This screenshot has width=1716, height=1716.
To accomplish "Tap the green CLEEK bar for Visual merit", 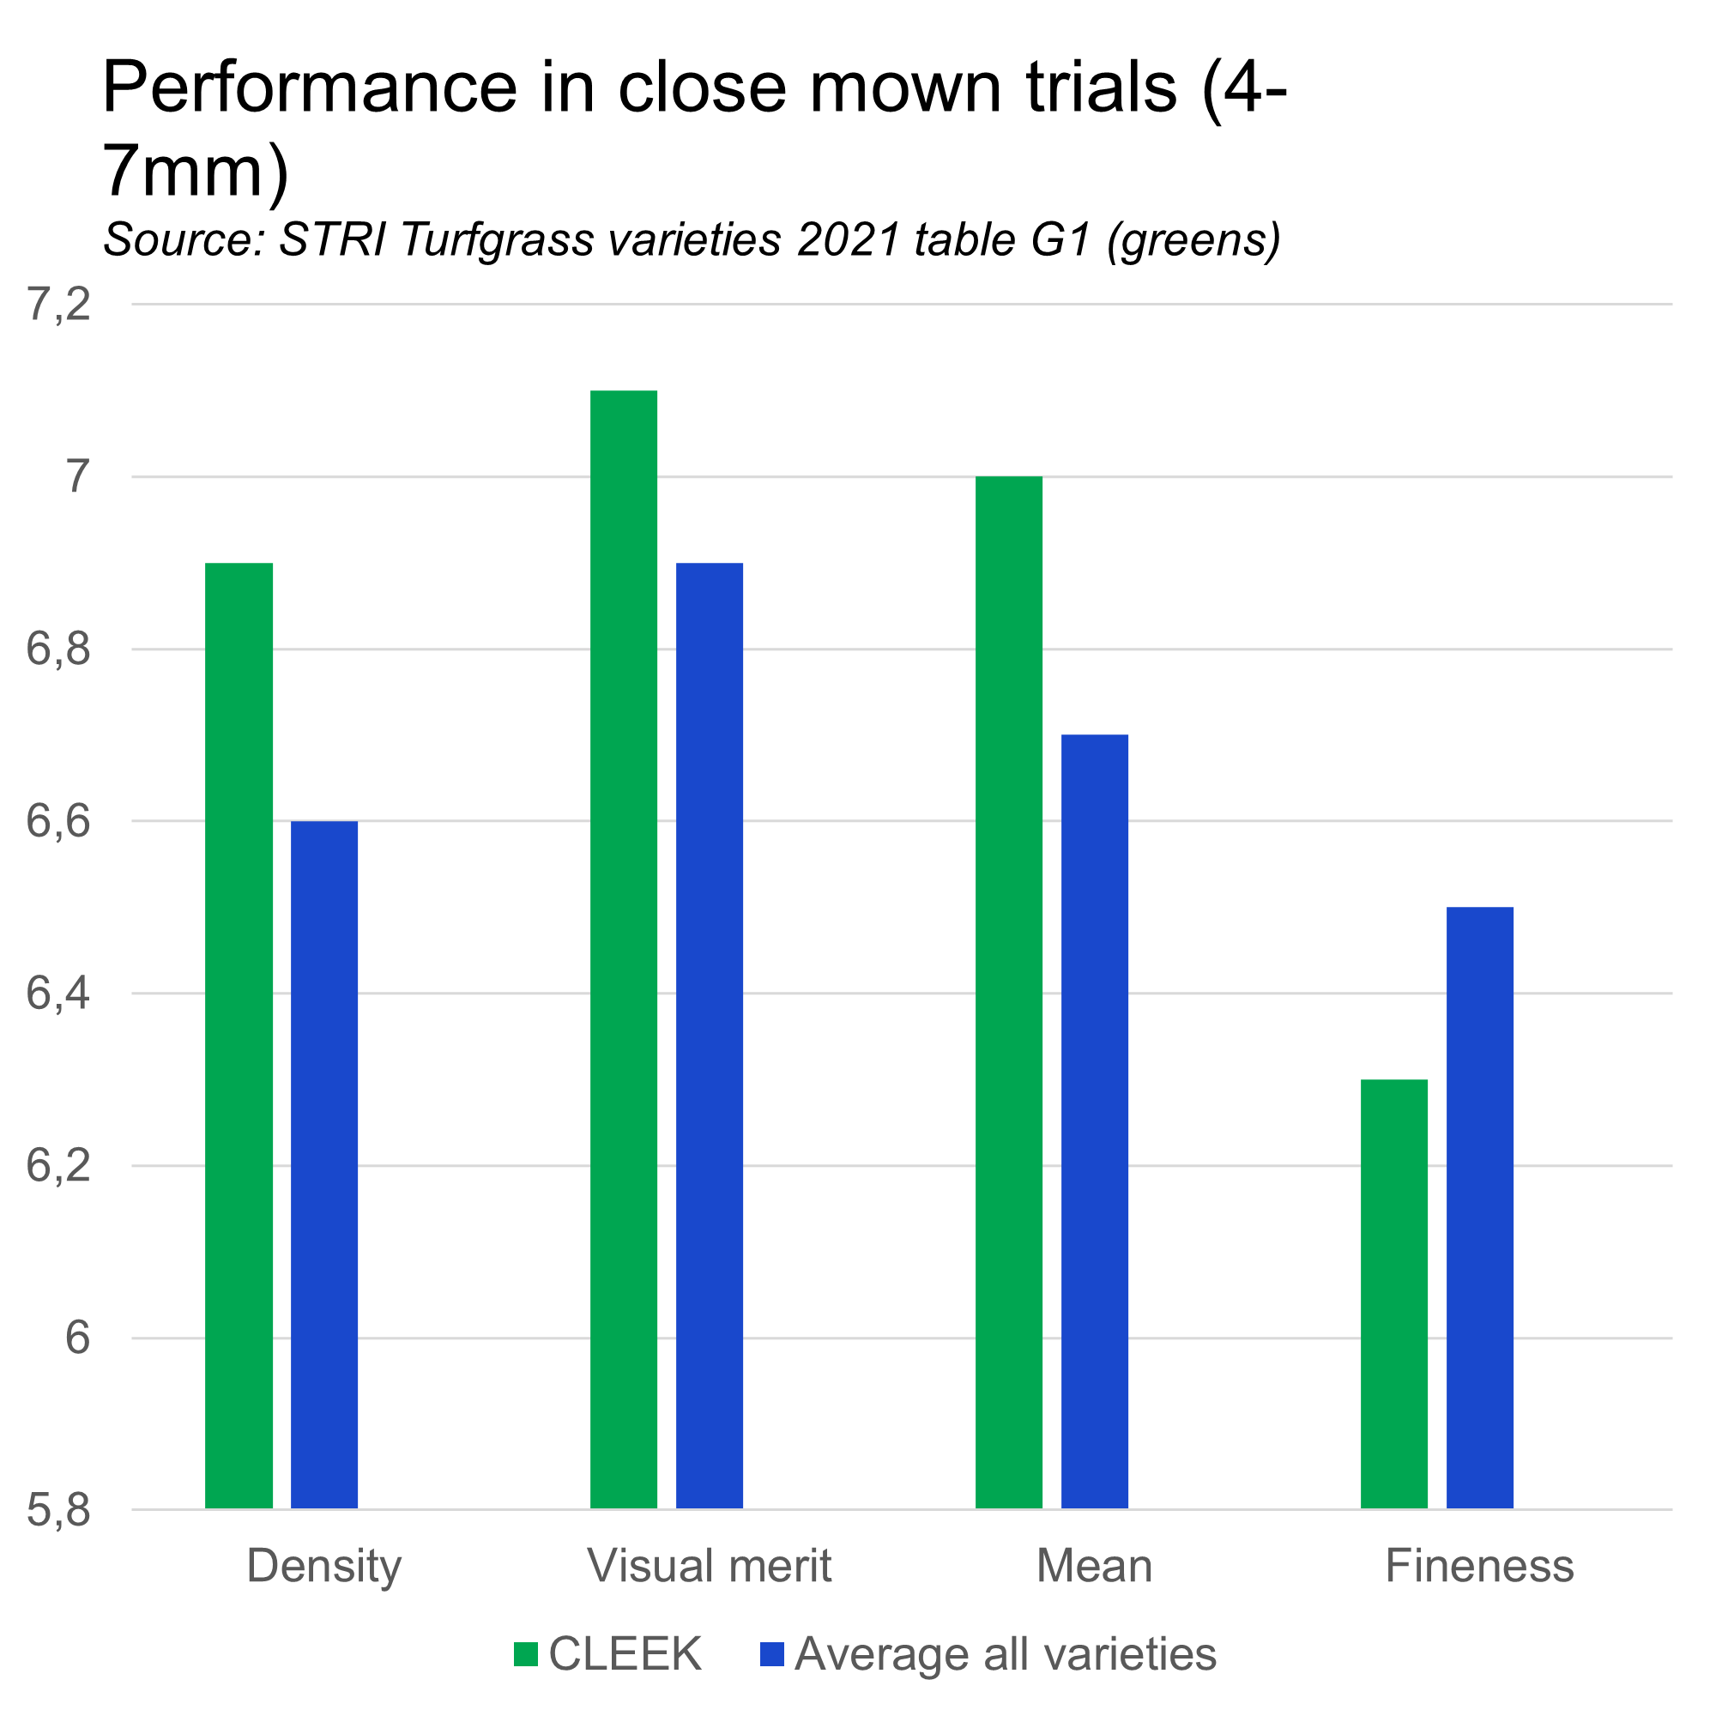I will click(x=624, y=950).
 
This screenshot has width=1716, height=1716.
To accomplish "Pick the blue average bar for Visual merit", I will click(x=710, y=1036).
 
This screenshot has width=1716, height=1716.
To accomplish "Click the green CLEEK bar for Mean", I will click(x=1009, y=992).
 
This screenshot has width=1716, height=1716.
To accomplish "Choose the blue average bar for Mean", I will click(x=1094, y=1121).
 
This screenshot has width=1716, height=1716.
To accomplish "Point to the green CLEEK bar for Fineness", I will click(x=1394, y=1294).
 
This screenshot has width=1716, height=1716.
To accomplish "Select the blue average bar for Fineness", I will click(x=1480, y=1208).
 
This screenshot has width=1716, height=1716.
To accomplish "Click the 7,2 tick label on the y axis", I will click(x=58, y=305).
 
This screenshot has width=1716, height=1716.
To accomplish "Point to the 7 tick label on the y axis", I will click(x=77, y=477).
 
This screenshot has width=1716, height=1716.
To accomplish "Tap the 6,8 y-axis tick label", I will click(x=58, y=650).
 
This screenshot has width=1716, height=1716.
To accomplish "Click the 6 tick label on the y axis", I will click(x=77, y=1338).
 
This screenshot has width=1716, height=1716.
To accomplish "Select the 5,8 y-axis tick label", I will click(x=58, y=1510).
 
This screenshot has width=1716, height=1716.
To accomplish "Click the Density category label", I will click(x=324, y=1566).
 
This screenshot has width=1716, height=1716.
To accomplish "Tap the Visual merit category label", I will click(x=710, y=1565).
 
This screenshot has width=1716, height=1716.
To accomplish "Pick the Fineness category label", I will click(x=1480, y=1565).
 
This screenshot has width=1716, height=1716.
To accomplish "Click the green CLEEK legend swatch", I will click(x=526, y=1654).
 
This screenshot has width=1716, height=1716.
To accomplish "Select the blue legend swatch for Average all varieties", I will click(x=772, y=1654).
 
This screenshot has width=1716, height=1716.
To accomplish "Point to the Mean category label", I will click(x=1094, y=1565).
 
